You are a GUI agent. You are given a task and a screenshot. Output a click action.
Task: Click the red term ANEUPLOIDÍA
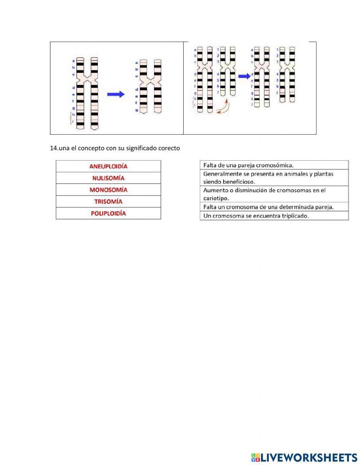(x=108, y=166)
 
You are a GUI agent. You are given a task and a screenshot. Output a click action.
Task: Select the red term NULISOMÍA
(x=108, y=178)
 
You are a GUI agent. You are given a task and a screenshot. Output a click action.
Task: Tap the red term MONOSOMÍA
(x=108, y=190)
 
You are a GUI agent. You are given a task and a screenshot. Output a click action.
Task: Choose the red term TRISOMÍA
(x=108, y=201)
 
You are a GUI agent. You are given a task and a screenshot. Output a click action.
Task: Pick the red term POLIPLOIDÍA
(x=108, y=213)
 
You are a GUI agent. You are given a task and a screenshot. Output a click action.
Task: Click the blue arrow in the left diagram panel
(x=116, y=94)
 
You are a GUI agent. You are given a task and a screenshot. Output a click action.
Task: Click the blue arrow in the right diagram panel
(x=244, y=76)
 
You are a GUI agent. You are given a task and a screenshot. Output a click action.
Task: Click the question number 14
(x=54, y=148)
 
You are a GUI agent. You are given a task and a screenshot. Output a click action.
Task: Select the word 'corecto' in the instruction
(x=169, y=148)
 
